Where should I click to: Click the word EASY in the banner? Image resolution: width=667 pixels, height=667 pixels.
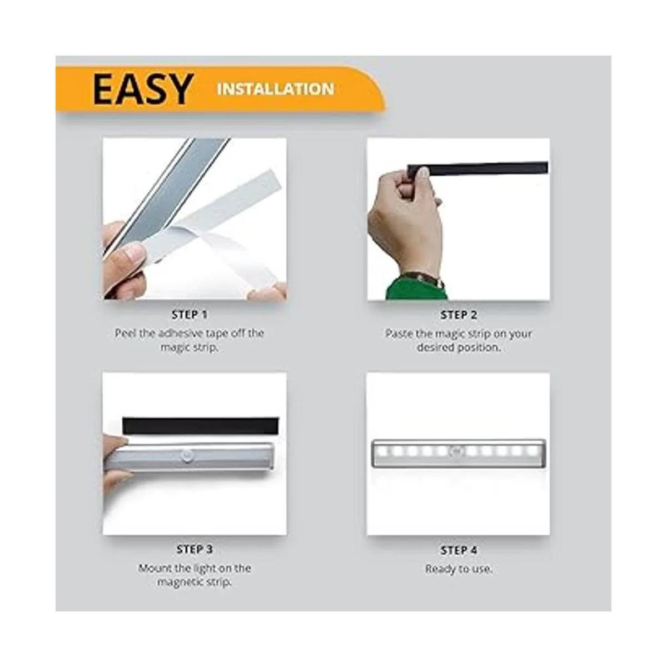[142, 89]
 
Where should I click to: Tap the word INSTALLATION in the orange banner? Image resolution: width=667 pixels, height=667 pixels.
[276, 89]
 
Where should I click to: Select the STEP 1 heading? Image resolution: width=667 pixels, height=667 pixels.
[190, 315]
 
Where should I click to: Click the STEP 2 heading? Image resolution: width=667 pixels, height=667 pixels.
[459, 315]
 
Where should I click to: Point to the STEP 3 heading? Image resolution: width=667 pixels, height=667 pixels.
[195, 549]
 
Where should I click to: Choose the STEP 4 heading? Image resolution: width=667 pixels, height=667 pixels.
[459, 550]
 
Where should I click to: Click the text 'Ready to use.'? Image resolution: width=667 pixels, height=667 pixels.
[459, 569]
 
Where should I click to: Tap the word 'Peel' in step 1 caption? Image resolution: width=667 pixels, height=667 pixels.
[126, 333]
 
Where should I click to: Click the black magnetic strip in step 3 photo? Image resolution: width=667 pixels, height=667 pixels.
[200, 426]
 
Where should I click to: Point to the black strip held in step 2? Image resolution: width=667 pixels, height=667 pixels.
[484, 168]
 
